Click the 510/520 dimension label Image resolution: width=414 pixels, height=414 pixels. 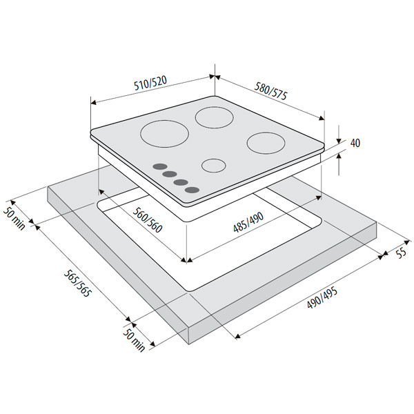point(150,83)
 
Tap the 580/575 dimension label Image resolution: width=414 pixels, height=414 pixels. point(270,91)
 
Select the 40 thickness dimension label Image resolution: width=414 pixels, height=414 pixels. point(355,143)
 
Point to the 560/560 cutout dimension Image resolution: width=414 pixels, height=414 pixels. point(147,220)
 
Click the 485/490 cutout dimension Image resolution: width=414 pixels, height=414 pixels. point(248,222)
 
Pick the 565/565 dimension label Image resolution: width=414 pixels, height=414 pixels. point(78,283)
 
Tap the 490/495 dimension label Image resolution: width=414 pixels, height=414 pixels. point(322,298)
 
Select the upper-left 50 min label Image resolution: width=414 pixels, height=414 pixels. point(14,217)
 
